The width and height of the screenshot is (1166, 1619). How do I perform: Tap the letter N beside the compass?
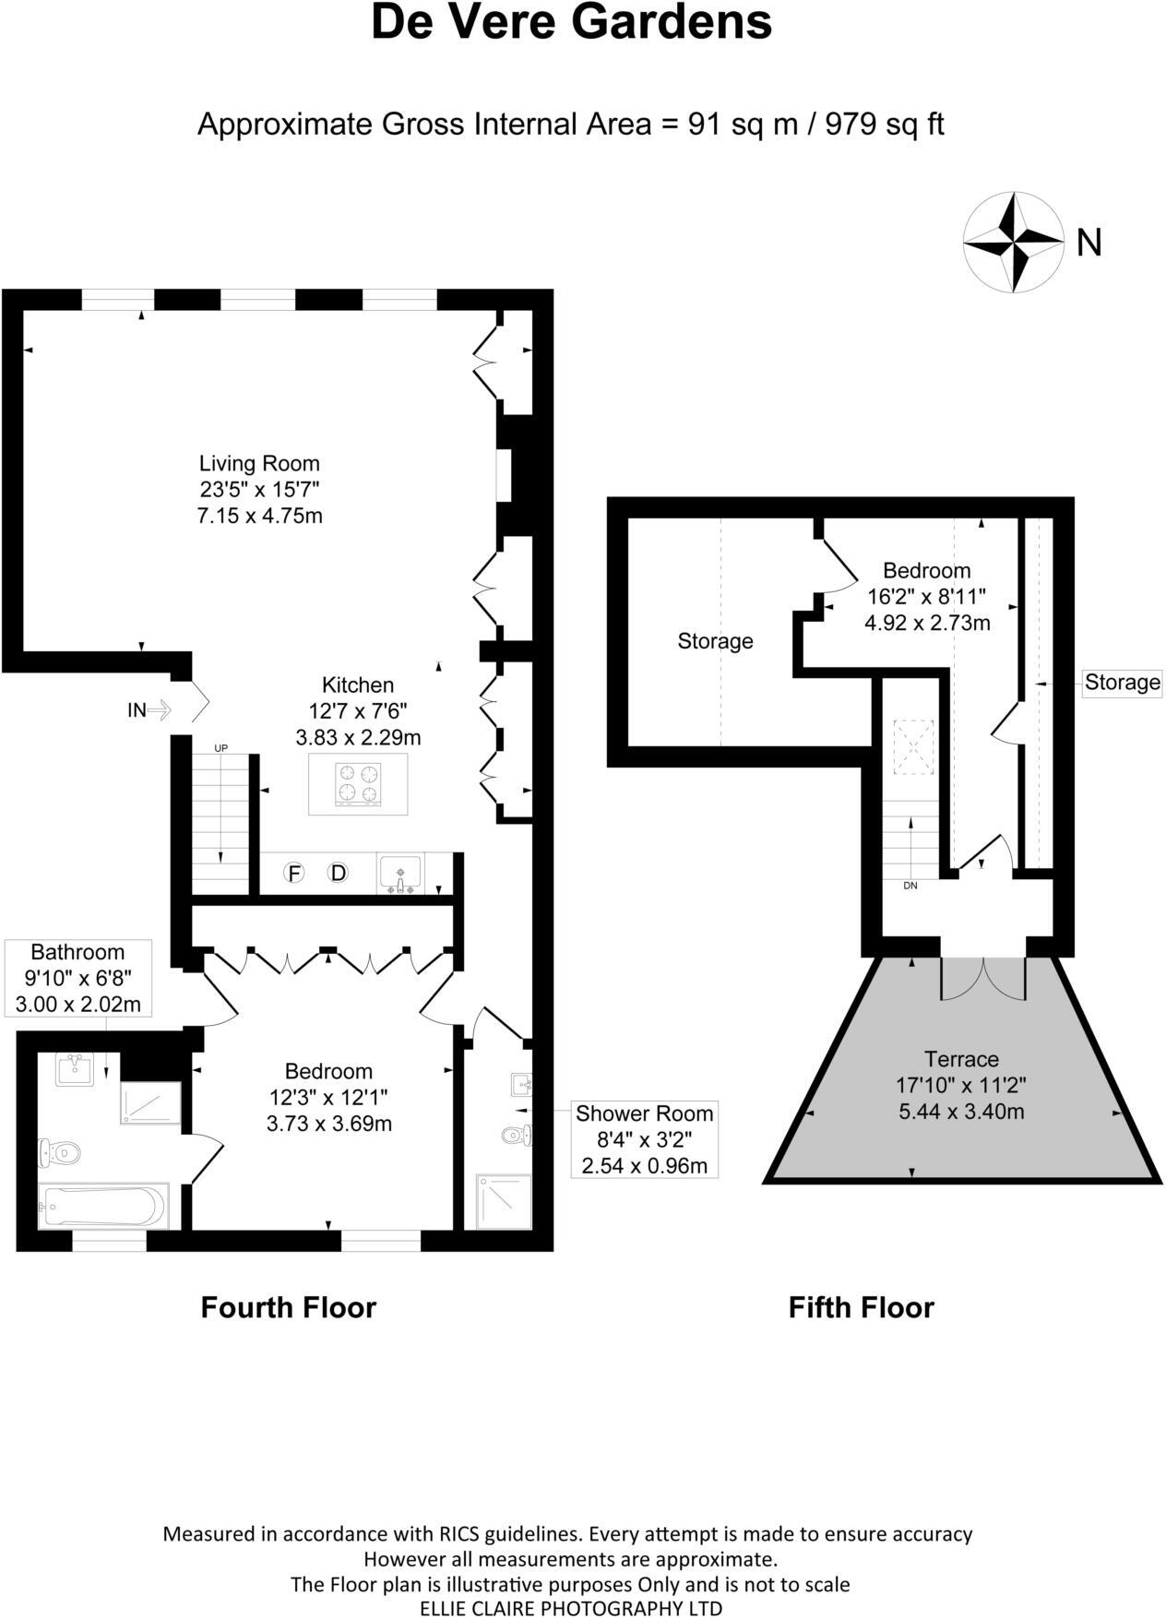coord(1089,243)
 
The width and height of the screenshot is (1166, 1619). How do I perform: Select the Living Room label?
coord(259,463)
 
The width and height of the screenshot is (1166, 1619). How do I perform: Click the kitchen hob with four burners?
coord(359,783)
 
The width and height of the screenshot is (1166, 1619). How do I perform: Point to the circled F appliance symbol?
coord(293,873)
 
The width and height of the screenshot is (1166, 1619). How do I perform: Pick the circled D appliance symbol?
coord(339,873)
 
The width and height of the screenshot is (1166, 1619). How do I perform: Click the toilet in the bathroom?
coord(60,1151)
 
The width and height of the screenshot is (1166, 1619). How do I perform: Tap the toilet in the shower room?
coord(518,1134)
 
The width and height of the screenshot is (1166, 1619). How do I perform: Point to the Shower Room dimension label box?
coord(644,1139)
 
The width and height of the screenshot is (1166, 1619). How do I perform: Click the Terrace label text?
coord(961,1059)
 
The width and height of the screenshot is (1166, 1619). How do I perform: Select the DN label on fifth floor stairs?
coord(910,886)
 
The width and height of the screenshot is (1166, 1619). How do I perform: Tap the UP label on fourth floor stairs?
coord(220,748)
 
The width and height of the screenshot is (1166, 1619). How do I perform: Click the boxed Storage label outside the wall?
coord(1122,683)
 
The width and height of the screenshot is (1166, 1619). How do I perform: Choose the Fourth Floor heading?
coord(289,1307)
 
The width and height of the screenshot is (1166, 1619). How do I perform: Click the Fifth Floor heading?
coord(862,1307)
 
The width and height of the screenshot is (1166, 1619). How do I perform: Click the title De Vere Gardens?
coord(572,22)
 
